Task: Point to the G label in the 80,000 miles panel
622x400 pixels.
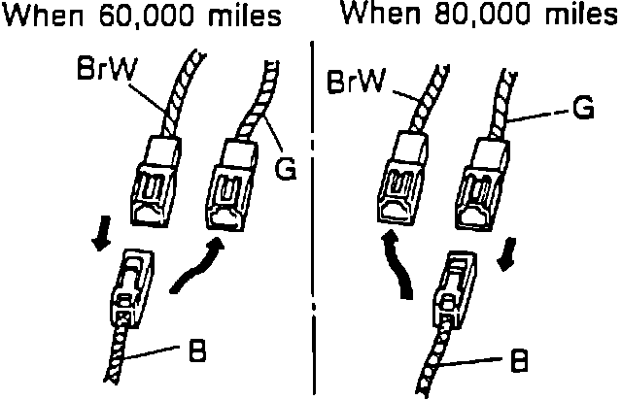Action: click(583, 109)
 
